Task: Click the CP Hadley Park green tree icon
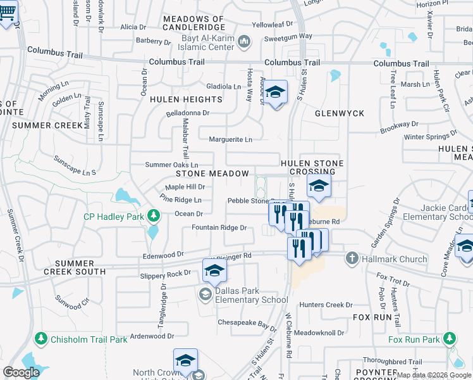coord(152,217)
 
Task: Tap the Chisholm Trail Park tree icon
coord(42,339)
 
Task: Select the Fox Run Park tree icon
coord(450,339)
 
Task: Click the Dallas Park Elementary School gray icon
coord(205,294)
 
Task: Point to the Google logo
coord(21,372)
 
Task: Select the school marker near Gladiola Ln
coord(275,92)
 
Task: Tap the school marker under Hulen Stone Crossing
coord(319,186)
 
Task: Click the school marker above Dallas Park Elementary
coord(214,270)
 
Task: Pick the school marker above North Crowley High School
coord(185,360)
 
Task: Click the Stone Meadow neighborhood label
coord(212,173)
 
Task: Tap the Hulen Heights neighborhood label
coord(186,99)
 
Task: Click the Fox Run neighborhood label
coord(370,316)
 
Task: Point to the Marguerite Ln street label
coord(231,139)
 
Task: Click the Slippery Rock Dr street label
coord(165,274)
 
